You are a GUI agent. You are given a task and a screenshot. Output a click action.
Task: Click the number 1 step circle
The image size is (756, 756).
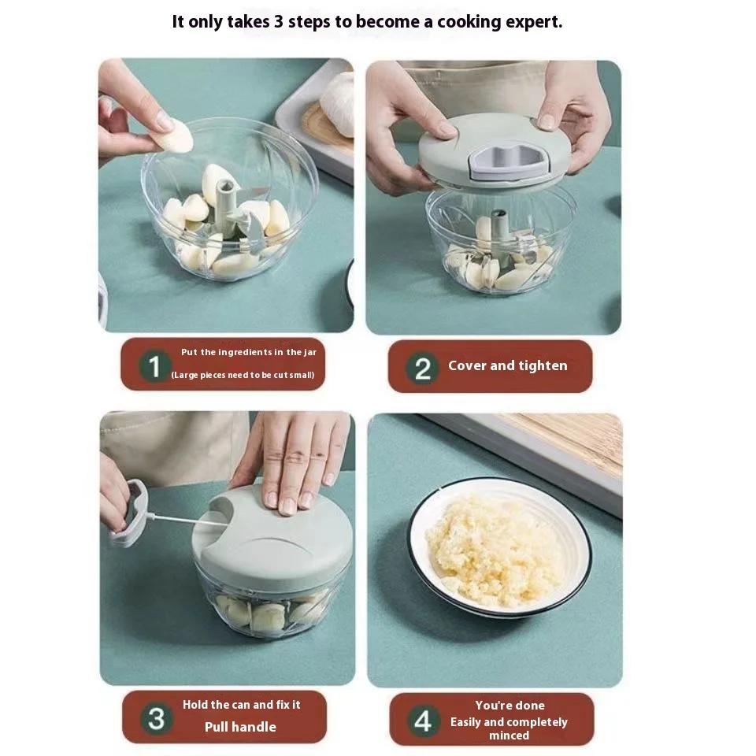click(x=154, y=366)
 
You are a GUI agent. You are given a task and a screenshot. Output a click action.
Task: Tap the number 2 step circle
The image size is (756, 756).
click(x=422, y=369)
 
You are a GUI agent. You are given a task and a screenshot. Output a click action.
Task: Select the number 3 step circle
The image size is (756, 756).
click(x=156, y=718)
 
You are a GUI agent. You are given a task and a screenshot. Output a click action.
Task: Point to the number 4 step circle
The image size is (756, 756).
click(x=423, y=721)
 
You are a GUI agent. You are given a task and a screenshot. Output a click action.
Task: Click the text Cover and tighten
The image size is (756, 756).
click(x=508, y=366)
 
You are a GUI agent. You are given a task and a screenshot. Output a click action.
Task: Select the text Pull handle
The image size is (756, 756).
click(x=240, y=727)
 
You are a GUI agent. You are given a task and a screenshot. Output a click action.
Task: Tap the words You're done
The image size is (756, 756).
click(x=510, y=706)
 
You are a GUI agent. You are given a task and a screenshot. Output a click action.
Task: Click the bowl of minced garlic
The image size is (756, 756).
click(x=500, y=548)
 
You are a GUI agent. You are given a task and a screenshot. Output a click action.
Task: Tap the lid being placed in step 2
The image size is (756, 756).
click(x=495, y=150)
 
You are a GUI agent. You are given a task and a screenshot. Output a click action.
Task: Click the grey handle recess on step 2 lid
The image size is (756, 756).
click(x=510, y=161)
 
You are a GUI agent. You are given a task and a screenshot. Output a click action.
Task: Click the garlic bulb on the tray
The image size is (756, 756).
click(x=338, y=104)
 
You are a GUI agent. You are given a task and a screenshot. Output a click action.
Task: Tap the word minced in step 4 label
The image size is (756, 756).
click(x=510, y=736)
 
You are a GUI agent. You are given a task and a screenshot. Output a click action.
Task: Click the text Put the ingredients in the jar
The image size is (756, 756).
click(x=249, y=353)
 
